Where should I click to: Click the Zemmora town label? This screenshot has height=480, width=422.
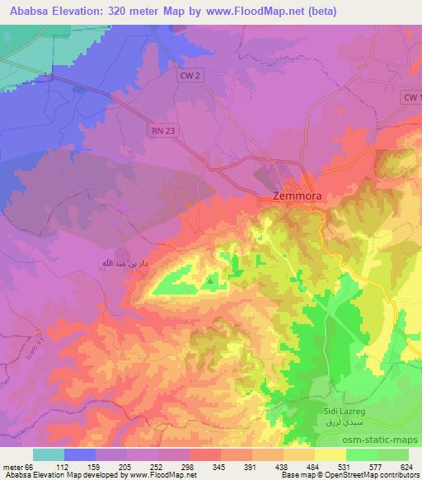point(297,197)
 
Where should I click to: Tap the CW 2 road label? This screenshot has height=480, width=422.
point(190,75)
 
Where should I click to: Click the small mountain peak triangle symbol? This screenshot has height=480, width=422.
point(209,281)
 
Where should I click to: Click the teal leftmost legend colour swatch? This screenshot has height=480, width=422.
point(48,454)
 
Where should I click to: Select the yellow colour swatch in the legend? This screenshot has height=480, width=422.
point(331,454)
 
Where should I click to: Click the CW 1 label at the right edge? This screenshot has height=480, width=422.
point(411,97)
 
